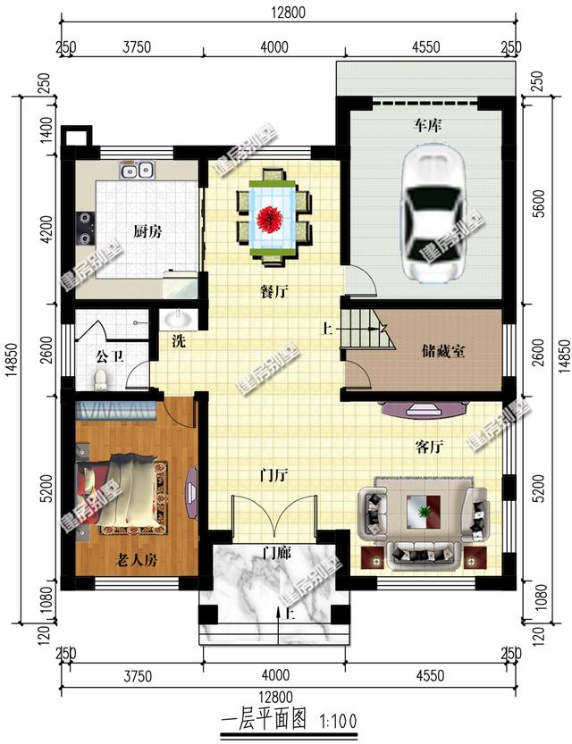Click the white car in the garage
(432, 213)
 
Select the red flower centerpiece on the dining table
(271, 215)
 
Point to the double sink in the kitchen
(138, 170)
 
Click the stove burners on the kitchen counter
(86, 227)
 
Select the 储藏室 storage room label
(442, 350)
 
